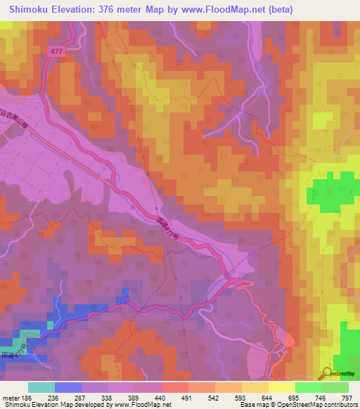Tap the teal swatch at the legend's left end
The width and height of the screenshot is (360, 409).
tap(41, 387)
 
